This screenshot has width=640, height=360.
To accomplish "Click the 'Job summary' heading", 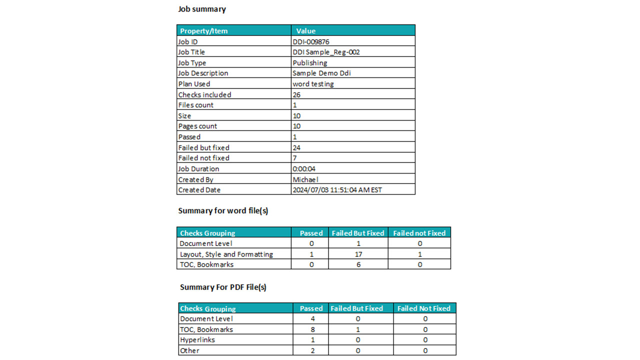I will click(202, 9).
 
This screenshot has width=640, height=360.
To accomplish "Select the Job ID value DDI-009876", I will click(311, 42).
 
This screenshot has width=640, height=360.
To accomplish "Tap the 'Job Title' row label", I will click(191, 52).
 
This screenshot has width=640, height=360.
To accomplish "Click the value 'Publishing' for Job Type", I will click(310, 63).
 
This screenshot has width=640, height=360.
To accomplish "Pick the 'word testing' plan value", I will click(313, 84).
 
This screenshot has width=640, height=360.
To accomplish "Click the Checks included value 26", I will click(296, 94).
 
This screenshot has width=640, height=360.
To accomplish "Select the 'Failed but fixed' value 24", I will click(296, 147).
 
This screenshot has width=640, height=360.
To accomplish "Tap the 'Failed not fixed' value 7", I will click(294, 158).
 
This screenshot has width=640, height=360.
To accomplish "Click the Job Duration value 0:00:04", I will click(304, 169).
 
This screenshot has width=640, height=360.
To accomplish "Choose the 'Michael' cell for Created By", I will click(305, 179).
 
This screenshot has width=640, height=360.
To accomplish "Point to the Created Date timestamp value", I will click(337, 190).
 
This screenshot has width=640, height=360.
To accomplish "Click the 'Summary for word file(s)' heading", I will click(223, 211).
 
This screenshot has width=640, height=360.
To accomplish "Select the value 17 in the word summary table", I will click(358, 254).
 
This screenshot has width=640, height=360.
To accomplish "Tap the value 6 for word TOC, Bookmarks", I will click(358, 264).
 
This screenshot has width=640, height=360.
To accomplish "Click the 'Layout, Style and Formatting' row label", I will click(226, 254).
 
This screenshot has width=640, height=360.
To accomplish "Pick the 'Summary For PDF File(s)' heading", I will click(223, 287).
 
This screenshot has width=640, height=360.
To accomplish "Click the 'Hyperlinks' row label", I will click(197, 340).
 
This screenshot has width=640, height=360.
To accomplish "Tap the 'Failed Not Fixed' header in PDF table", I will click(424, 308).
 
